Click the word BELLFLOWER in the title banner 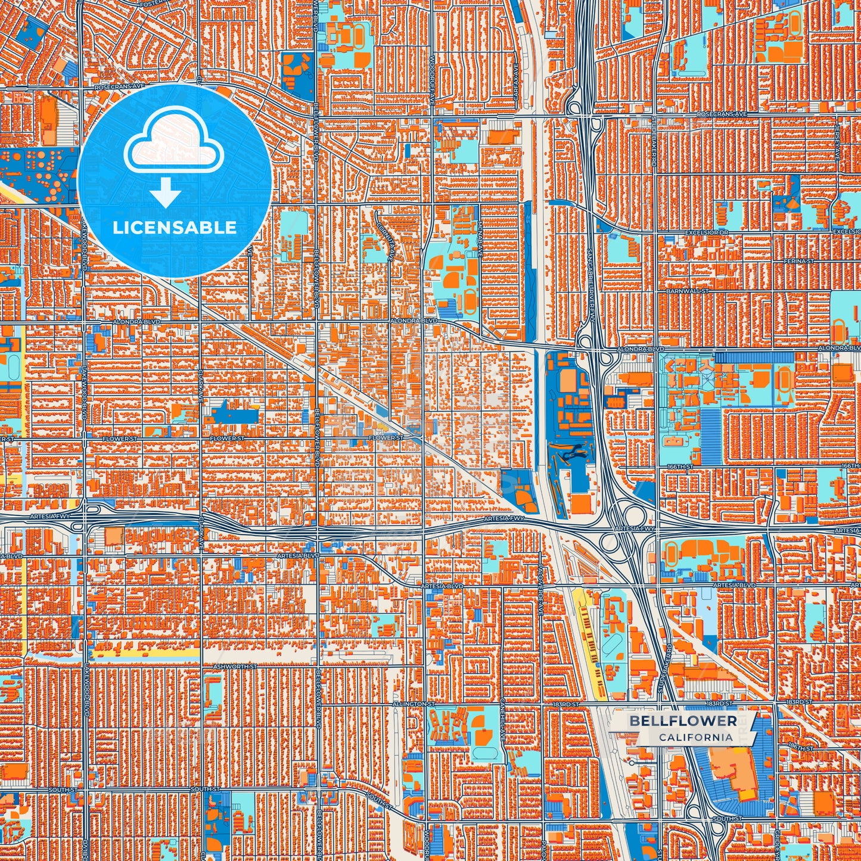coord(683,721)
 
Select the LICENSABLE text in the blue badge coord(175,228)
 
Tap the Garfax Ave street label coord(517,74)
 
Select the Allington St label coord(411,704)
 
